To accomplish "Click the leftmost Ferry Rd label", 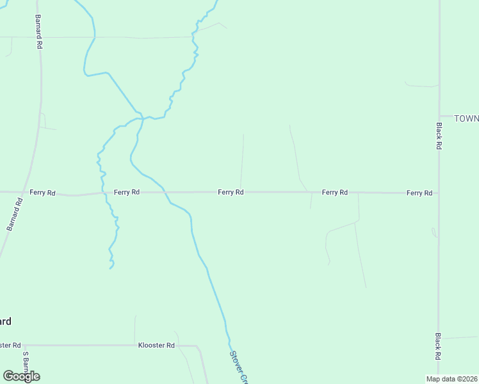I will (x=43, y=192).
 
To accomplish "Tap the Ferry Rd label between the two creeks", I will (x=127, y=192).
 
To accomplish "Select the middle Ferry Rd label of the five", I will (x=231, y=192).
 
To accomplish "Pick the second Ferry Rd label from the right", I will (x=334, y=192).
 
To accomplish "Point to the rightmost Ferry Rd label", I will (x=419, y=193).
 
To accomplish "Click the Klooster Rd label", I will (x=156, y=346).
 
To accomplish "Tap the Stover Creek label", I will (x=238, y=367).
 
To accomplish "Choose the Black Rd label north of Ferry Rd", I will (x=439, y=136).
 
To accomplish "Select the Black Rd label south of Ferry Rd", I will (x=439, y=346).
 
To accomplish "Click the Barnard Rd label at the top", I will (x=38, y=33).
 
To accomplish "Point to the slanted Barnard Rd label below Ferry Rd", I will (x=14, y=214).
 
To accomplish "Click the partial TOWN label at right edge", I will (x=466, y=118).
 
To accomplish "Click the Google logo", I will (x=21, y=376).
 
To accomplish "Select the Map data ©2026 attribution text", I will (x=451, y=379).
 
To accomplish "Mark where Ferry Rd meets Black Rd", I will (x=439, y=193).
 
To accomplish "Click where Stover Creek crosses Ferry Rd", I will (x=165, y=192).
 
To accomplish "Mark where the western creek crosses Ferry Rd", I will (x=105, y=192).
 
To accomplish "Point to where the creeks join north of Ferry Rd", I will (x=142, y=118).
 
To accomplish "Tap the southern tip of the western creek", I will (x=111, y=268).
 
